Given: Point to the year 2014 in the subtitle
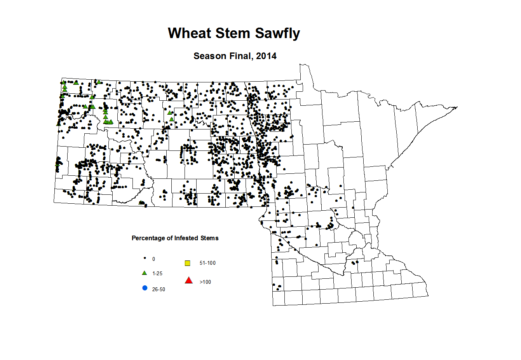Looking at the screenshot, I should [x=266, y=56].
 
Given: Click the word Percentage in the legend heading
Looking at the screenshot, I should [x=148, y=238].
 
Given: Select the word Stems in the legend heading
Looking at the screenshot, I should [x=209, y=238].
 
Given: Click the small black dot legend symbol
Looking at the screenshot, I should [x=145, y=258].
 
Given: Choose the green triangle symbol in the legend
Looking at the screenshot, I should [x=145, y=273].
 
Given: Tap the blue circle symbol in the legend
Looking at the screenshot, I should [x=145, y=288].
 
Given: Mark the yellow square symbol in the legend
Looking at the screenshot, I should [x=188, y=263].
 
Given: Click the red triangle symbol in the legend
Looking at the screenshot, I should [x=189, y=280].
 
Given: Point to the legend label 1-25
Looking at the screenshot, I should [x=157, y=274].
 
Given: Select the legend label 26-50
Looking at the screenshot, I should [x=159, y=290].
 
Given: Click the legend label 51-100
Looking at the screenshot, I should [x=207, y=263].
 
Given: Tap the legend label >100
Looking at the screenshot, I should [x=205, y=282].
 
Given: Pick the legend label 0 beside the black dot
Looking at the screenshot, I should [x=154, y=259].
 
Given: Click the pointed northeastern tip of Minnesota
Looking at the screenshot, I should [x=457, y=107].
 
